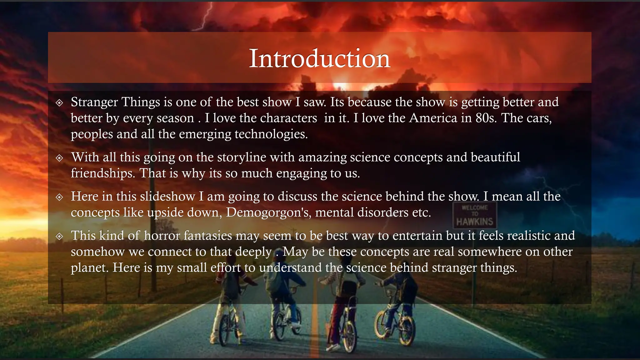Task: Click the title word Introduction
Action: (319, 58)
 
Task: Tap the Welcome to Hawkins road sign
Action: (474, 215)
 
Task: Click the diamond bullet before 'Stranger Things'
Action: (59, 103)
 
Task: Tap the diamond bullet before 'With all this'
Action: (59, 158)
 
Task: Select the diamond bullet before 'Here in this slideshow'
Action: (59, 197)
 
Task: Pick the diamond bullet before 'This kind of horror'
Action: (59, 236)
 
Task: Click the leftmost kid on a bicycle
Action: (230, 300)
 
